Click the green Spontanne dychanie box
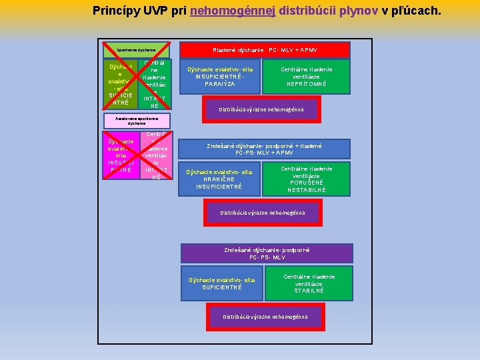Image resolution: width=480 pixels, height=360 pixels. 135,49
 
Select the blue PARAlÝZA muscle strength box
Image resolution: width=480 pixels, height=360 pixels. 219,76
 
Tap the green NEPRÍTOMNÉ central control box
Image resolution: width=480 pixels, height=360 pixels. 306,76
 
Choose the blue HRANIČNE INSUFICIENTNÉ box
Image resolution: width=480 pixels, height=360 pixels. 219,179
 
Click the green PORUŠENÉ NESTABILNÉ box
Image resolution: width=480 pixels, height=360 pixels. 307,179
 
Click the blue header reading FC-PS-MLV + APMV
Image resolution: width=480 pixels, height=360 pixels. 264,148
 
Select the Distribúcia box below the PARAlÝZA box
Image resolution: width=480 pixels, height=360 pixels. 261,109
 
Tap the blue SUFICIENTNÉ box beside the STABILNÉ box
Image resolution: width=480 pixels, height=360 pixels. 223,283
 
